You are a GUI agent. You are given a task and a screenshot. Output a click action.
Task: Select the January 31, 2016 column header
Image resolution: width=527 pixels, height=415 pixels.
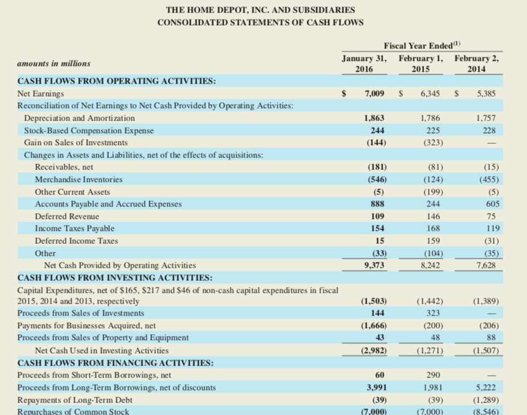coord(364,63)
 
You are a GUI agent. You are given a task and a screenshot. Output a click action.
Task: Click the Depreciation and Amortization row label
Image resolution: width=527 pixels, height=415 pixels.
coord(79,118)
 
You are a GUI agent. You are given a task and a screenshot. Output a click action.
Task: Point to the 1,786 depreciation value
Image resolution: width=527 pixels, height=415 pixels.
coord(430,118)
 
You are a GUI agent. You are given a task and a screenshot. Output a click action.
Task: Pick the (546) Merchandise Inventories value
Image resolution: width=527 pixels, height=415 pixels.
coord(374,180)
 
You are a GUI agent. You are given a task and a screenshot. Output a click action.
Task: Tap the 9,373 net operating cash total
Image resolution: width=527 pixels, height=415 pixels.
coord(374,265)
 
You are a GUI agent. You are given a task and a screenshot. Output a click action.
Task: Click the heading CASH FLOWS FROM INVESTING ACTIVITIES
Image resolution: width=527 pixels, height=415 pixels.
coord(115,278)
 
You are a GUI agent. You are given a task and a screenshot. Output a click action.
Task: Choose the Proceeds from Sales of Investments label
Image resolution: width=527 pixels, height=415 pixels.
coord(81,313)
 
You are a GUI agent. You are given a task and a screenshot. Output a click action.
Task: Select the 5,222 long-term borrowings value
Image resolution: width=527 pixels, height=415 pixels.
coord(488,388)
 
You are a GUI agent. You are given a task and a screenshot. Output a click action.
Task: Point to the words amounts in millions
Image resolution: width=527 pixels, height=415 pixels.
coord(53,64)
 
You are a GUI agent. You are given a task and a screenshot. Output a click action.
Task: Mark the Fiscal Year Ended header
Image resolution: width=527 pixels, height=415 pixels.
coord(421,45)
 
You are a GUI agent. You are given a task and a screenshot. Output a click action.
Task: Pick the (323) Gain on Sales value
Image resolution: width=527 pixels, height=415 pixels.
coord(430,143)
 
